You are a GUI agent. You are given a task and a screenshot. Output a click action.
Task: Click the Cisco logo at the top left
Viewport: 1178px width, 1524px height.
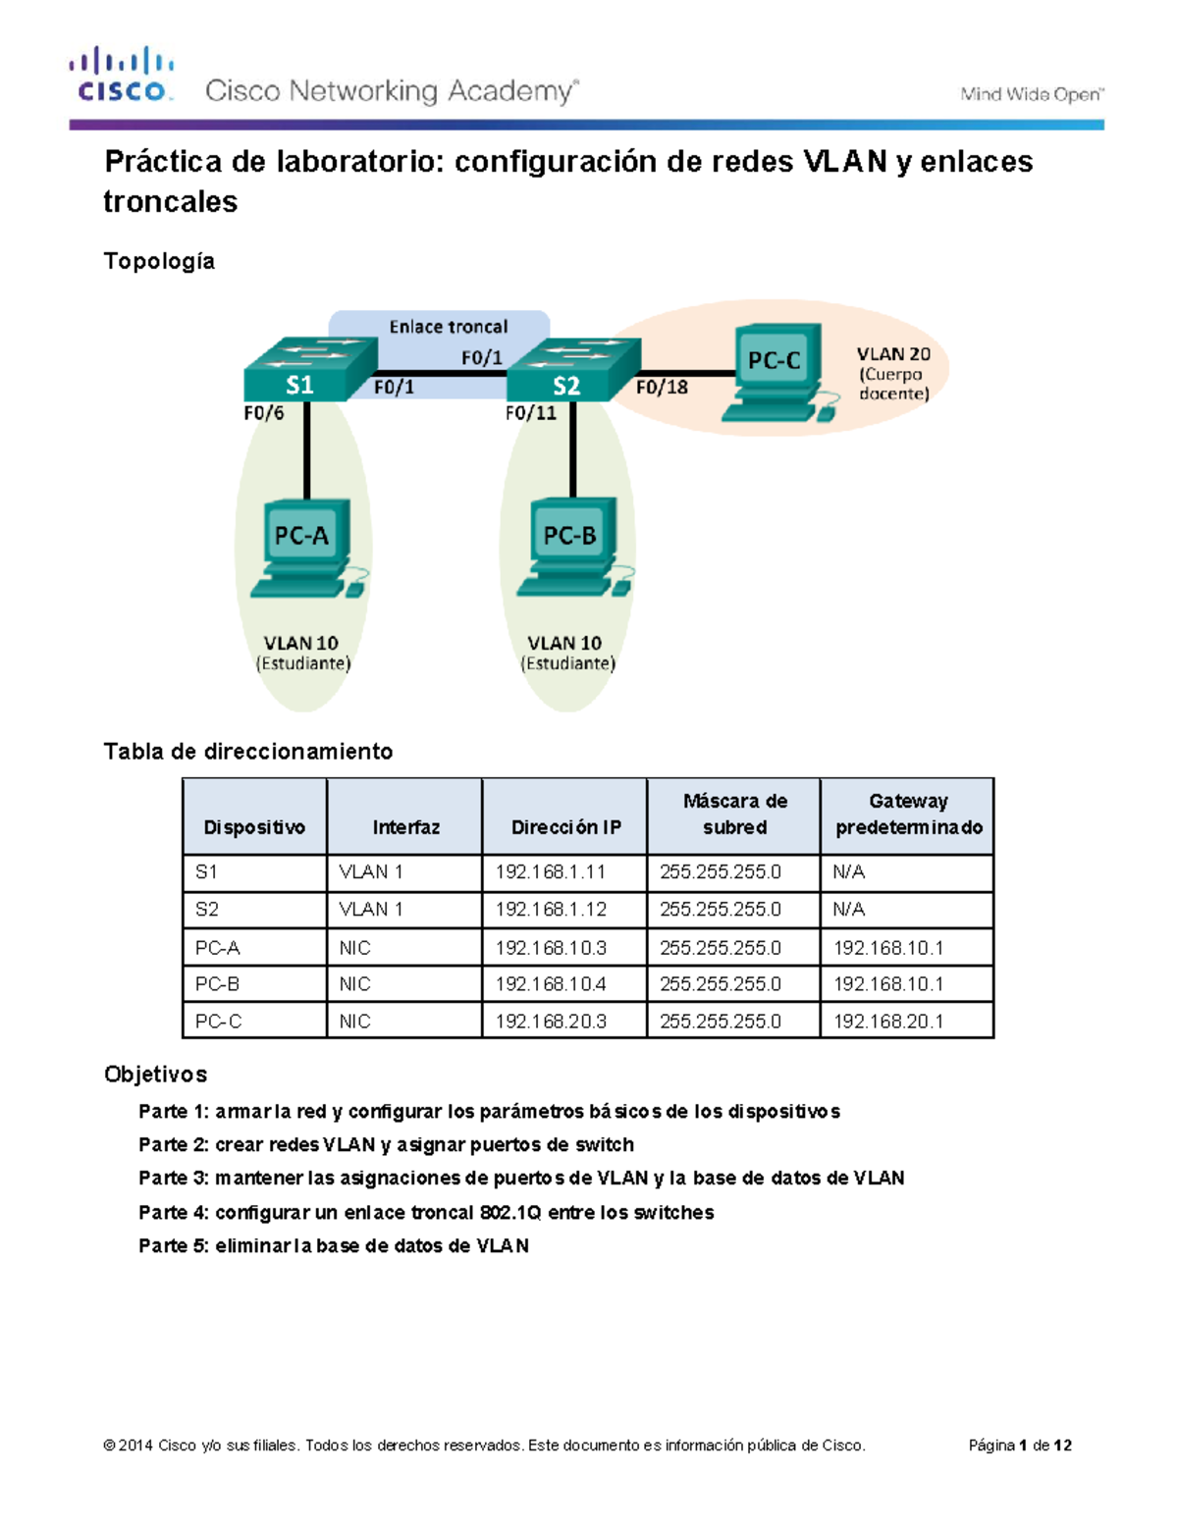[122, 75]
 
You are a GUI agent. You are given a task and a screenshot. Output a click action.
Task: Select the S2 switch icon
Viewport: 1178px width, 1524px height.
[573, 370]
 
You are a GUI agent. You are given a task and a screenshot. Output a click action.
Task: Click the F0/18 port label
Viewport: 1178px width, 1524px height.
[662, 388]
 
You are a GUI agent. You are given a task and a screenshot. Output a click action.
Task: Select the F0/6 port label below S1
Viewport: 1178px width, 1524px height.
[264, 413]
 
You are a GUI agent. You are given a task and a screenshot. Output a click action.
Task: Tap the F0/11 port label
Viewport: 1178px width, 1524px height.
[530, 413]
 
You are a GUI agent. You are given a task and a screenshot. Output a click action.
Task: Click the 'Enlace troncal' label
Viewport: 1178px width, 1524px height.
[448, 327]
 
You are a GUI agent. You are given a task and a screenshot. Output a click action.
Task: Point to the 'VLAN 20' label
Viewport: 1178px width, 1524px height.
[892, 354]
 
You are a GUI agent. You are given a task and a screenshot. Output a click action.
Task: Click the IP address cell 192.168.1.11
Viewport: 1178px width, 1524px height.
[550, 872]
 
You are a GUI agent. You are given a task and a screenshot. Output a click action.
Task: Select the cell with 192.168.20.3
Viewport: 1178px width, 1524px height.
[550, 1022]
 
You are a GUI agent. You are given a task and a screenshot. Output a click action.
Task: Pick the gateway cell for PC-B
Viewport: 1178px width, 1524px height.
[887, 984]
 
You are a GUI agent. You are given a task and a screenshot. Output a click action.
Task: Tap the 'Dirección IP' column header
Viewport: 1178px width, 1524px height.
[565, 827]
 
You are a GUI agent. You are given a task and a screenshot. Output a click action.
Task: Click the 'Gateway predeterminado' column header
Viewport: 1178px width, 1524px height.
[908, 815]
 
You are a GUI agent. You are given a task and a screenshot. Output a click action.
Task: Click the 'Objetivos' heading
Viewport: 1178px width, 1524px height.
[155, 1075]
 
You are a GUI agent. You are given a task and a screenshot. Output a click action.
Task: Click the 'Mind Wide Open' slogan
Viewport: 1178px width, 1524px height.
[1031, 94]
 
